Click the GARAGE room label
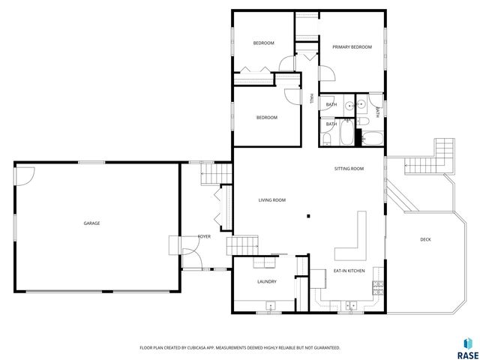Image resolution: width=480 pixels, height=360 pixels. [91, 223]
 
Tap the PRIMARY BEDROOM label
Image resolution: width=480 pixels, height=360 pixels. [352, 47]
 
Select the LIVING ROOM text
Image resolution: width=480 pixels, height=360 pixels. [272, 200]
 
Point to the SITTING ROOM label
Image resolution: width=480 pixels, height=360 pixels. [349, 169]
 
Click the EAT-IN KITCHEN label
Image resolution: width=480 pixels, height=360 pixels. [349, 270]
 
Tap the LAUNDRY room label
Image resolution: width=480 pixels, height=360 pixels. [266, 282]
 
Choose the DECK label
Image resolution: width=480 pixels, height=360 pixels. [425, 239]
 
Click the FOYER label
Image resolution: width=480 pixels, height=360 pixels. [203, 236]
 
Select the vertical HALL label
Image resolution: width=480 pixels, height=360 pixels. [312, 98]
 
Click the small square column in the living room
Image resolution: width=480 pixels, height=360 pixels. [308, 217]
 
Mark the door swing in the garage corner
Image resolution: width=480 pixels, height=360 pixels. [25, 175]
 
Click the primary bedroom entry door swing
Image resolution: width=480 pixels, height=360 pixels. [325, 73]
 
